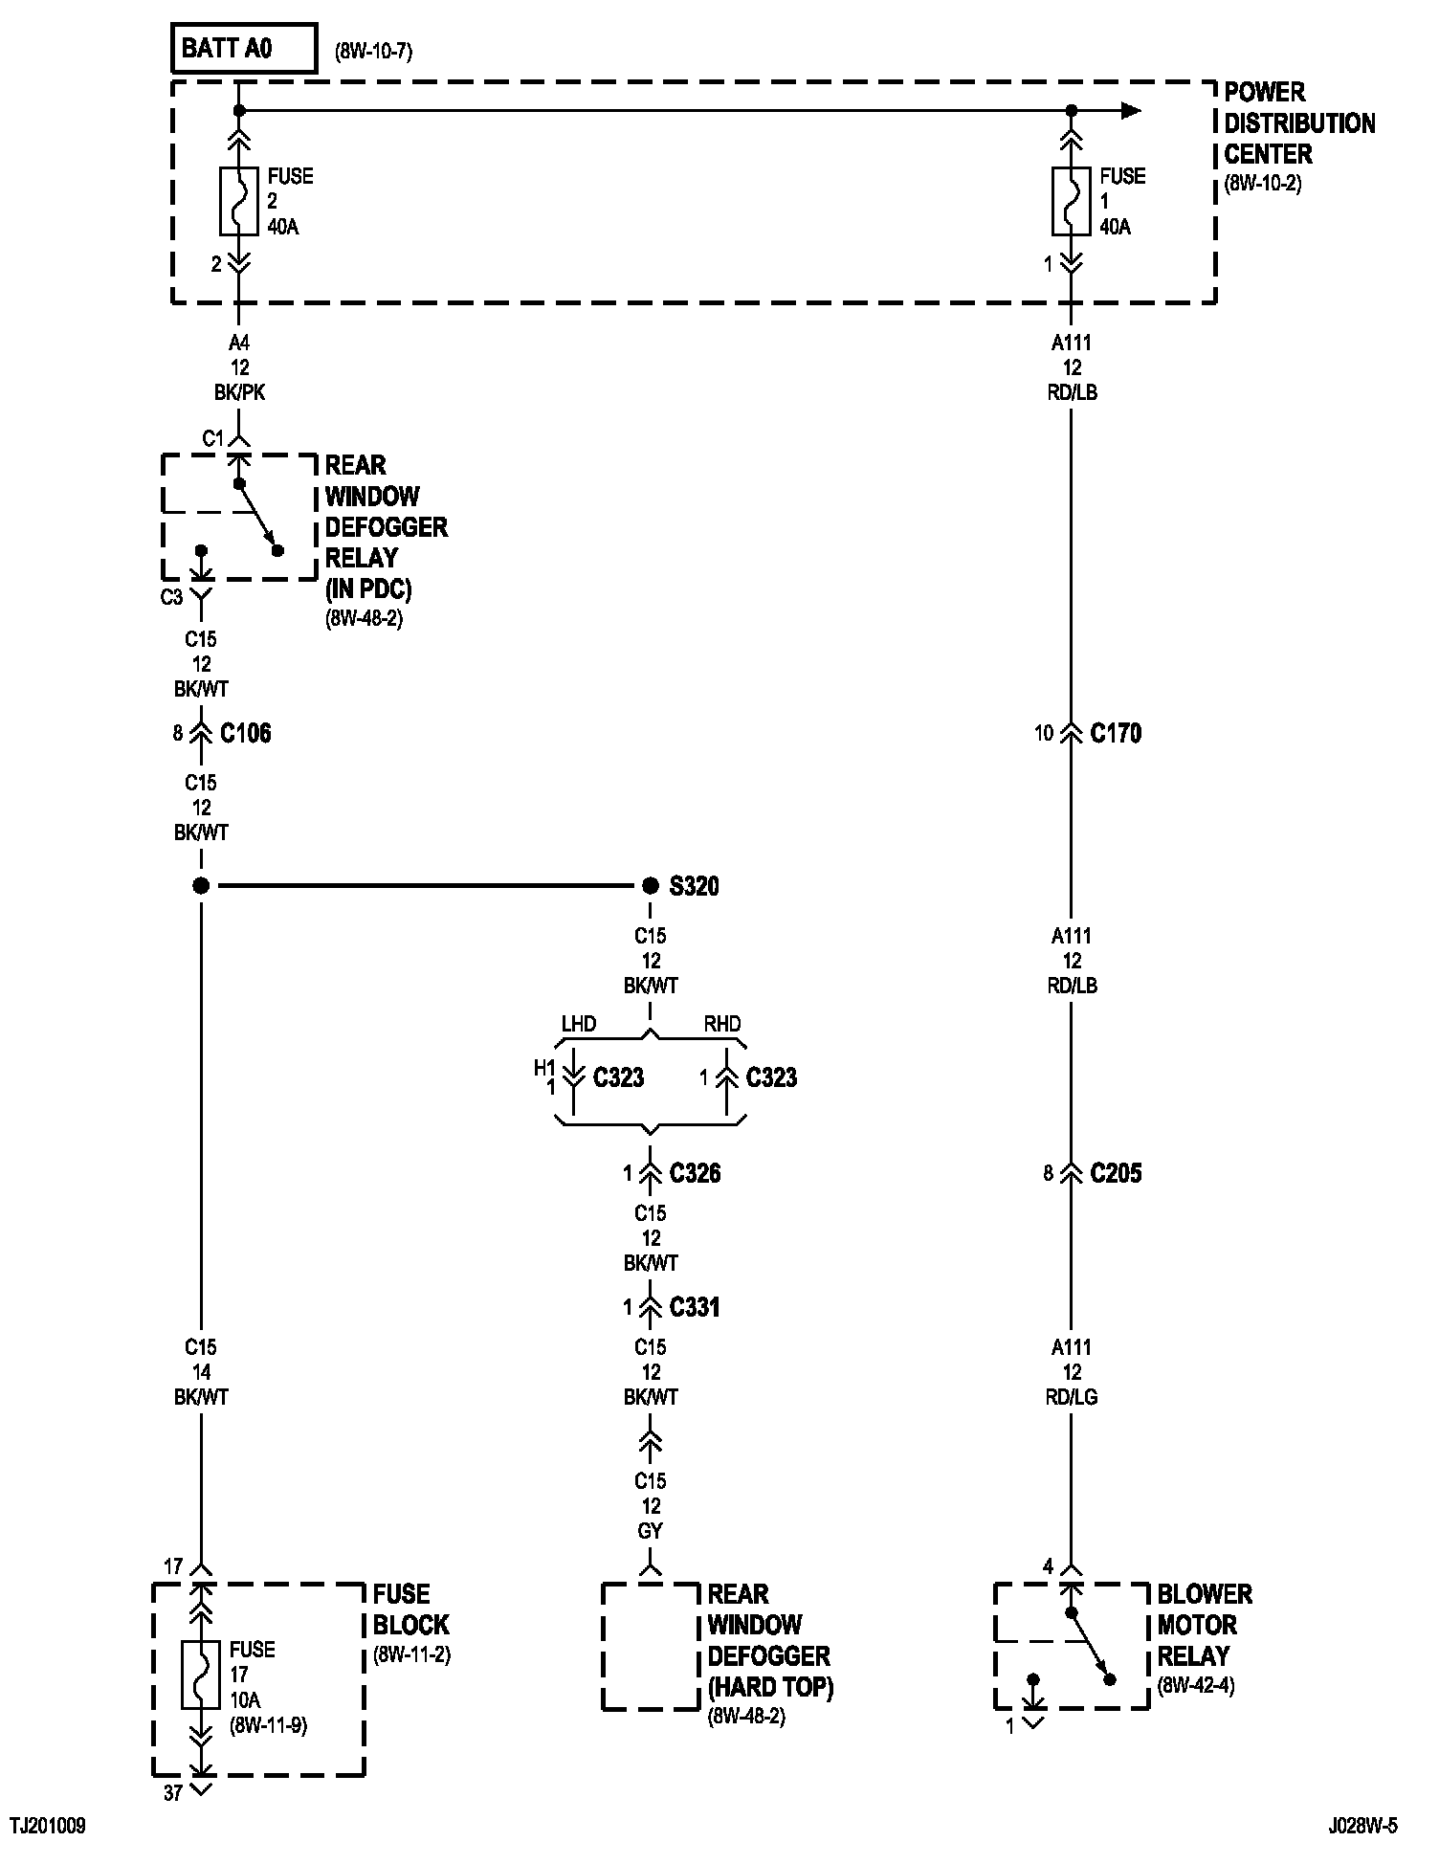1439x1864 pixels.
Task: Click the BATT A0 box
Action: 243,49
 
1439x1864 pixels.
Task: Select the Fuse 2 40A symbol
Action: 239,201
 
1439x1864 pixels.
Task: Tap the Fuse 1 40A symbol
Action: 1072,201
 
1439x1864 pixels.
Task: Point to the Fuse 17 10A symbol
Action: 201,1675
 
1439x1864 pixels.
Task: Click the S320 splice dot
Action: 651,885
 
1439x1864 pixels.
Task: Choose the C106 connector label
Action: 246,733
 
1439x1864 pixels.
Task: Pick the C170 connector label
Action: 1116,733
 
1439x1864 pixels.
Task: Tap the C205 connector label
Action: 1116,1173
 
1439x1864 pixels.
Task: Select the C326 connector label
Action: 695,1173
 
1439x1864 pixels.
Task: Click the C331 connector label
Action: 695,1307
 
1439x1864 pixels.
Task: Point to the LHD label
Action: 578,1024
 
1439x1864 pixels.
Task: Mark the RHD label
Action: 722,1024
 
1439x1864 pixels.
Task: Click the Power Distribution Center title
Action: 1298,123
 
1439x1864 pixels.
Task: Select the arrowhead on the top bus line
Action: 1131,111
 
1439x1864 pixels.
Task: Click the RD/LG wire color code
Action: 1072,1397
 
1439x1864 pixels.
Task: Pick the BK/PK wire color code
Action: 239,392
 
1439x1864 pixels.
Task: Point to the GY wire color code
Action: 651,1531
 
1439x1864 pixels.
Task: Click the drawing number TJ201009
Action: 48,1827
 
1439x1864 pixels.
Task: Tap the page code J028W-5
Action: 1362,1827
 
